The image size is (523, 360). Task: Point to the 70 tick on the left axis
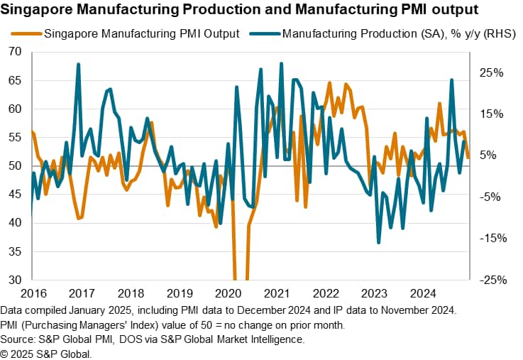[x=14, y=52]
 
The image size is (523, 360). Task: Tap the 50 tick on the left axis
[x=14, y=166]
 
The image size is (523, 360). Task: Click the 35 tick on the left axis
[x=14, y=251]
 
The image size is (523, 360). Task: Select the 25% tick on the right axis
[x=490, y=72]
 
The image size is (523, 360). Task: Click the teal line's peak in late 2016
[x=78, y=64]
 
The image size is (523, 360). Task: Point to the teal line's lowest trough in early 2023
[x=378, y=243]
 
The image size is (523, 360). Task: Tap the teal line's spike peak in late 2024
[x=451, y=80]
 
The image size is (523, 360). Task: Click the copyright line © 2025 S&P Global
[x=46, y=353]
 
